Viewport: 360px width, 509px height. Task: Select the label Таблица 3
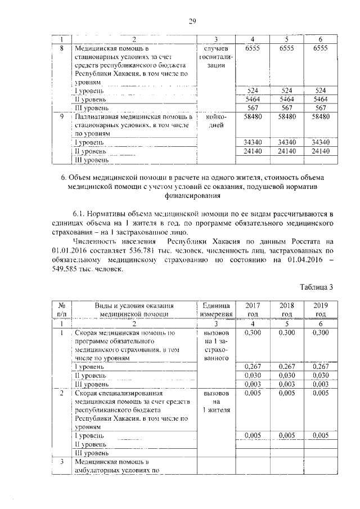point(317,287)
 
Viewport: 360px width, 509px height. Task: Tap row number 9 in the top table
point(63,116)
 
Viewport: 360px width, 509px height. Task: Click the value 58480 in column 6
point(321,116)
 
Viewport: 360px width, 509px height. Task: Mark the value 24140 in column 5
point(287,151)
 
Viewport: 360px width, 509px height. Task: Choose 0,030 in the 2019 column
point(321,375)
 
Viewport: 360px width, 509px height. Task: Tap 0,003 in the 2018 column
point(287,384)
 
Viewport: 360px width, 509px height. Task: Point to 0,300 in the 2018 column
point(287,333)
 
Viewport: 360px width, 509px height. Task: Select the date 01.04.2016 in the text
point(302,259)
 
